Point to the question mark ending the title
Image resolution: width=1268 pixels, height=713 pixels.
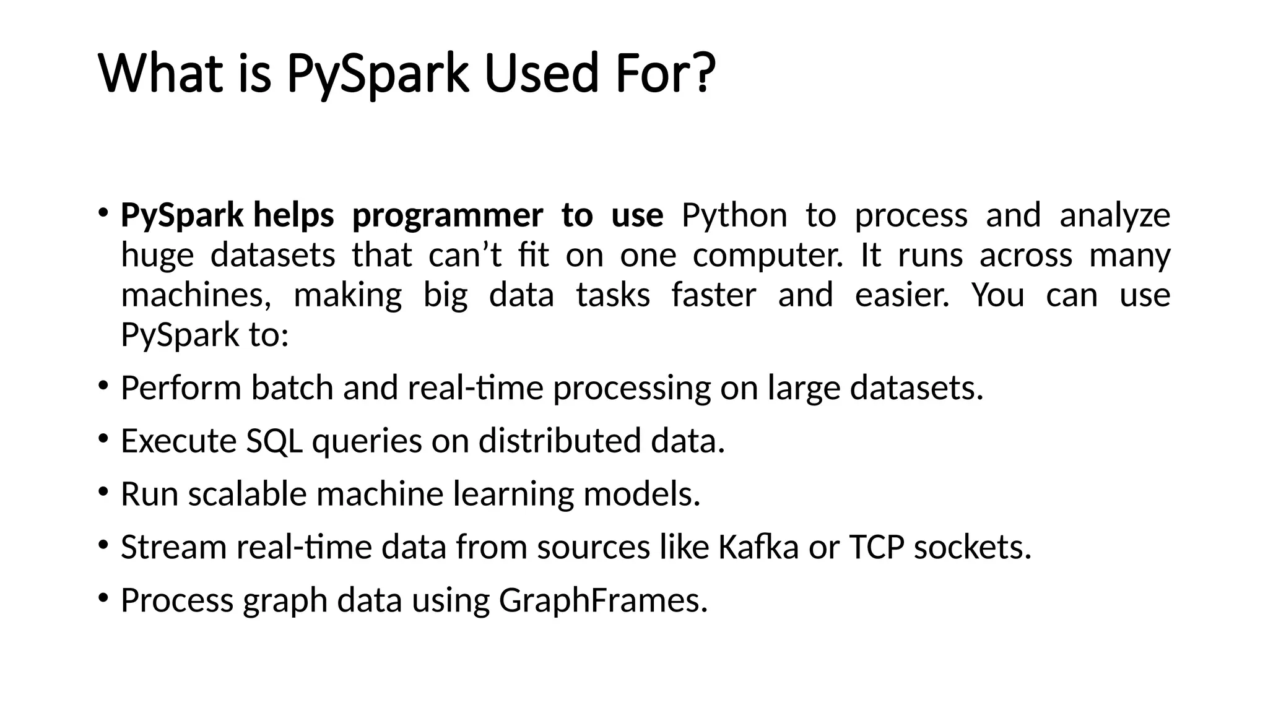pyautogui.click(x=702, y=73)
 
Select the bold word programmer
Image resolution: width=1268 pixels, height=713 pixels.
pyautogui.click(x=447, y=215)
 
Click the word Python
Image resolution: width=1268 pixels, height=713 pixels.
pyautogui.click(x=734, y=215)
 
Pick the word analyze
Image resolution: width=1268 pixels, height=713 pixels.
pyautogui.click(x=1114, y=215)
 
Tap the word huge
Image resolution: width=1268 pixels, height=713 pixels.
pyautogui.click(x=157, y=256)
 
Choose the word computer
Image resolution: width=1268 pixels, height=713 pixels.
pyautogui.click(x=768, y=256)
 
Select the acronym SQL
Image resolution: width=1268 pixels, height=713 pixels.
pyautogui.click(x=274, y=441)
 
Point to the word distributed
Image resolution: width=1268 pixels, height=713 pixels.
pyautogui.click(x=559, y=441)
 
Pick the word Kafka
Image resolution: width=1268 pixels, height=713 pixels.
pyautogui.click(x=758, y=547)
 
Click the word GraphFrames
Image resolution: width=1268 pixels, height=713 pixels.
pyautogui.click(x=602, y=600)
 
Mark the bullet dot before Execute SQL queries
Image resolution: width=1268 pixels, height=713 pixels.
pyautogui.click(x=103, y=439)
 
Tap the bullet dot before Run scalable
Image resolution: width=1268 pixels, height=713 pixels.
pyautogui.click(x=103, y=492)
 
